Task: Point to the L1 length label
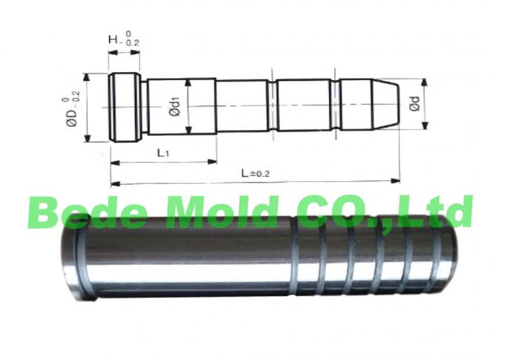coord(164,152)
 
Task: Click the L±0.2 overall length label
coord(255,173)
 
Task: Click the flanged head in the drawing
coord(124,108)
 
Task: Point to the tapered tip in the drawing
coord(379,107)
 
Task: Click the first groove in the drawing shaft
coord(273,107)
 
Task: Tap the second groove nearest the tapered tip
coord(336,107)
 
